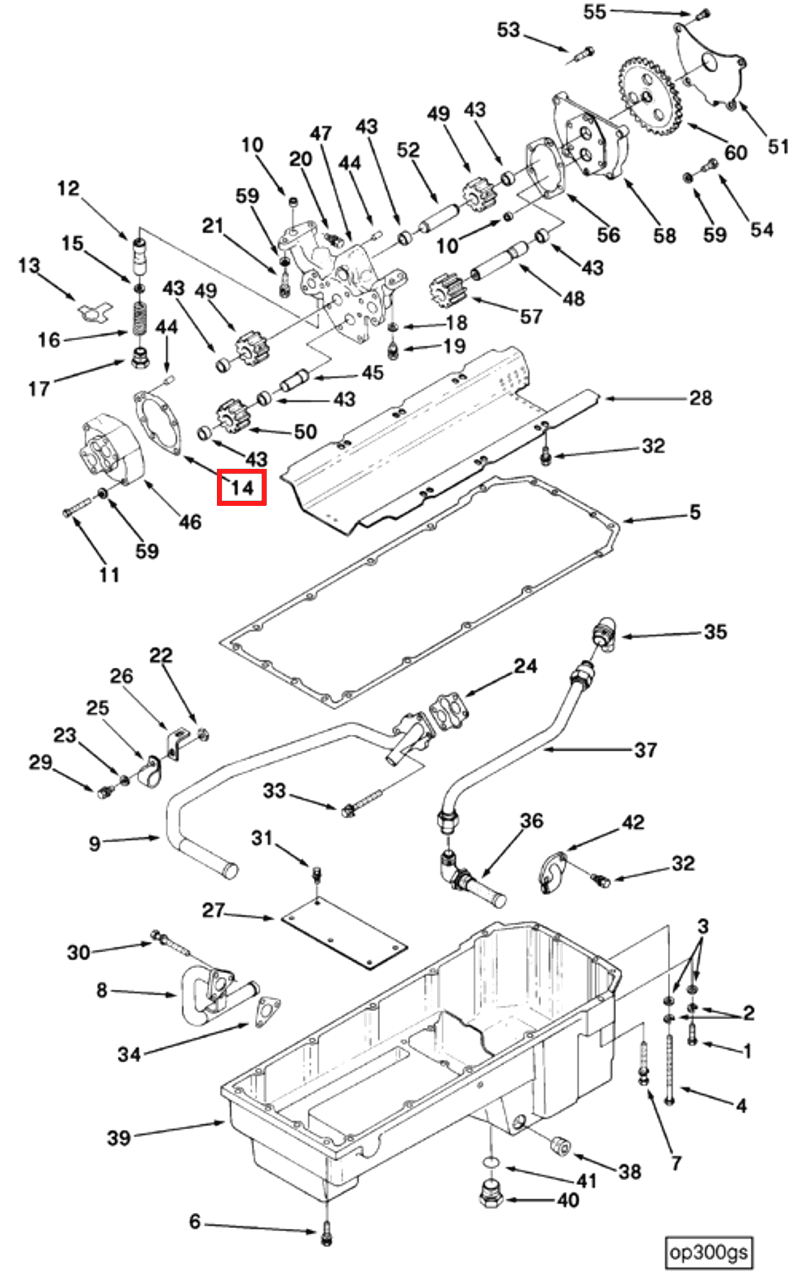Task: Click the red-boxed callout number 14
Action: pos(242,488)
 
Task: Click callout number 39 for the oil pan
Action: pos(119,1138)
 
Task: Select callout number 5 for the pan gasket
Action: pos(695,512)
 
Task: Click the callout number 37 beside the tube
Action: pos(646,749)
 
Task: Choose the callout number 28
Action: pos(701,398)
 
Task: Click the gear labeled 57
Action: pos(448,293)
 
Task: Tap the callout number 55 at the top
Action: pos(595,11)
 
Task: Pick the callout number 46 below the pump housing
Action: pos(190,522)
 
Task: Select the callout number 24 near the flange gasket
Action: pos(525,666)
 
